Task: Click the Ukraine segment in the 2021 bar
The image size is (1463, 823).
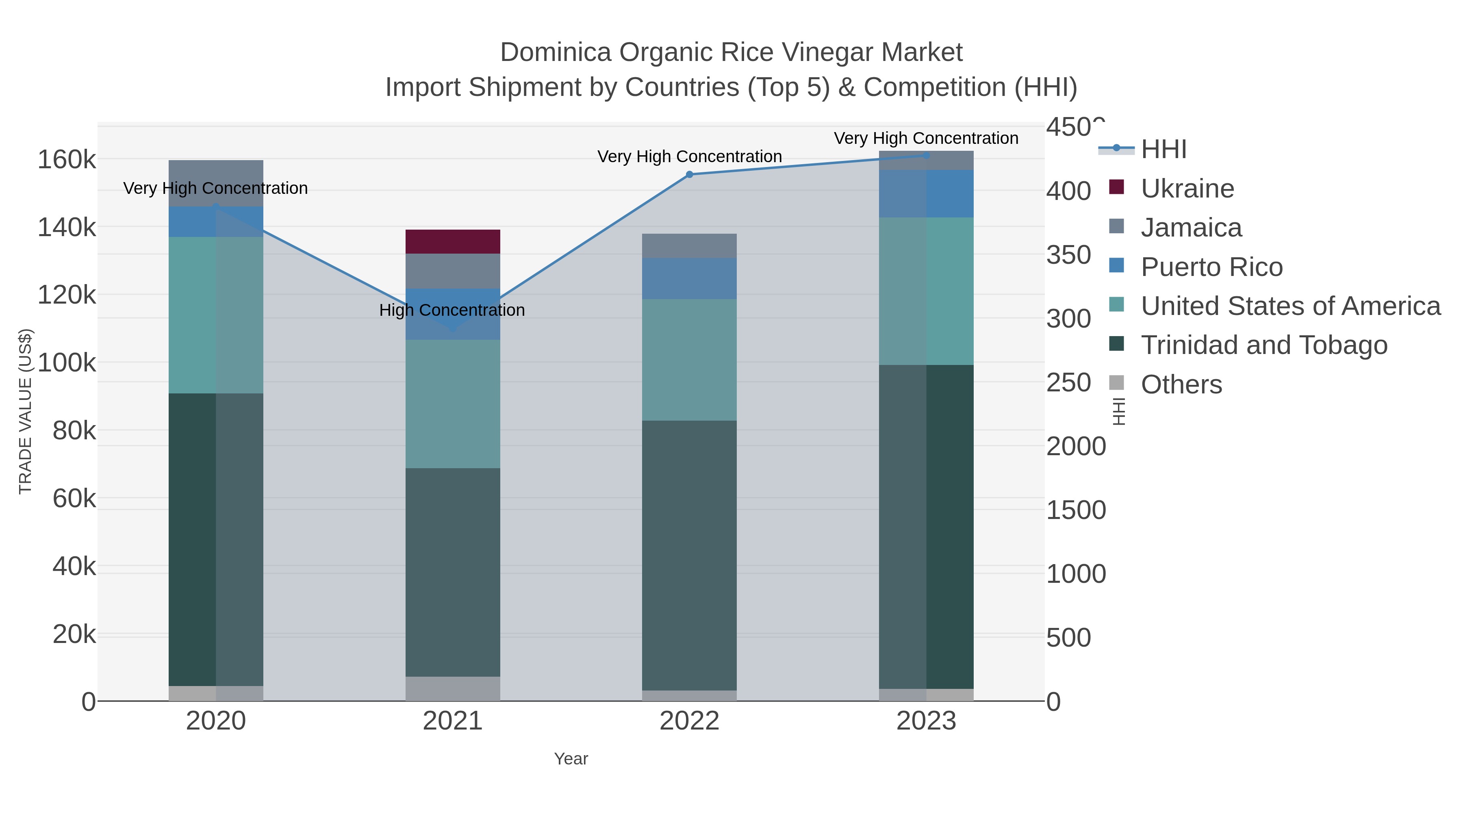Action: pos(453,241)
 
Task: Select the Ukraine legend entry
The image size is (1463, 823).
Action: pos(1187,189)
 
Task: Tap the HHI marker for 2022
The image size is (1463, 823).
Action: pos(690,174)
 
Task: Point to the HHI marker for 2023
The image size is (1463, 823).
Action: pos(926,155)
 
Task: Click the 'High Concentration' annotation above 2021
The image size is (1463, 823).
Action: pos(452,310)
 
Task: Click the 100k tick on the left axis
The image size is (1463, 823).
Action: pos(67,363)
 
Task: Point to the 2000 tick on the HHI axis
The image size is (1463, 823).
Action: pos(1076,446)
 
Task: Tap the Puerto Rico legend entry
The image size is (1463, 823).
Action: pos(1211,267)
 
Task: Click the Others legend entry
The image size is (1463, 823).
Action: pos(1181,384)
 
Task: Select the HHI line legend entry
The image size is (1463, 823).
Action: pos(1163,149)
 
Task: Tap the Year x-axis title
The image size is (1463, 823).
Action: pos(571,759)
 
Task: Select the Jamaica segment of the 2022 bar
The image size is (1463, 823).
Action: pos(690,246)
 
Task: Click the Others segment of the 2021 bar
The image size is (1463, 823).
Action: pos(453,688)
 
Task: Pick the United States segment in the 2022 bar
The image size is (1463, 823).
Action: pos(690,360)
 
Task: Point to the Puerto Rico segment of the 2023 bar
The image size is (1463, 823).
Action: pos(926,194)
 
